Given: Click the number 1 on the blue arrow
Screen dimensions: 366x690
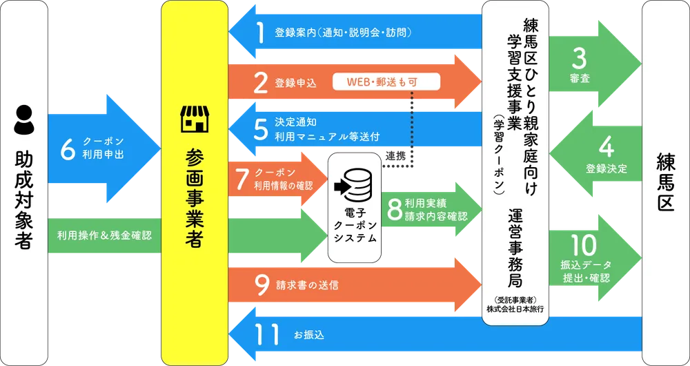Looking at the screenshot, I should pyautogui.click(x=261, y=32).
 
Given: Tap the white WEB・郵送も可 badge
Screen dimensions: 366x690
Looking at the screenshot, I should pyautogui.click(x=385, y=82).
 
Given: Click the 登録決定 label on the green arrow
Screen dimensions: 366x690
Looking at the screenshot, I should pyautogui.click(x=607, y=168).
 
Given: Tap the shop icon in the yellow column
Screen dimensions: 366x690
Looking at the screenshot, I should pyautogui.click(x=194, y=118).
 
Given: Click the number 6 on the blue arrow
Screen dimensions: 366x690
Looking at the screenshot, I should pyautogui.click(x=67, y=149).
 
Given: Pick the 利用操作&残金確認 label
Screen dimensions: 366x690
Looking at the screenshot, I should pyautogui.click(x=105, y=235).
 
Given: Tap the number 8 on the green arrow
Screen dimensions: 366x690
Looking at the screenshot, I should pyautogui.click(x=395, y=209).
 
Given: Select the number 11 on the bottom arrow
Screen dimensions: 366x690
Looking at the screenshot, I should pyautogui.click(x=264, y=335).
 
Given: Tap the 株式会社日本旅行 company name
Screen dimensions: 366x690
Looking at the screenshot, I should pyautogui.click(x=514, y=309).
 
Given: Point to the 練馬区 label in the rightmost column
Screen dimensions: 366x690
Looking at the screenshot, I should pyautogui.click(x=665, y=184).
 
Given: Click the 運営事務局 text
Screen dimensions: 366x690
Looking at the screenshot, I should pyautogui.click(x=514, y=249).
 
